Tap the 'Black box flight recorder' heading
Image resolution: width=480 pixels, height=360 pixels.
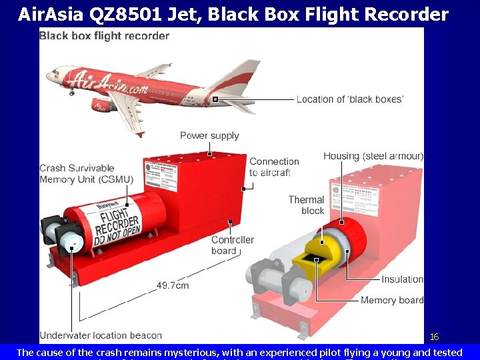point(104,35)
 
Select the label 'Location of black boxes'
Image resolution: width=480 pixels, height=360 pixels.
point(350,99)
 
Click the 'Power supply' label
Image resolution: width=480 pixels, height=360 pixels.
point(209,136)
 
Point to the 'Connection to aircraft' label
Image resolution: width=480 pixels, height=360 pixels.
point(273,167)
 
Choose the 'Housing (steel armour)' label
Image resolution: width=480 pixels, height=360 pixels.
point(373,156)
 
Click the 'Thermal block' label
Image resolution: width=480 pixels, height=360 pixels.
point(306,205)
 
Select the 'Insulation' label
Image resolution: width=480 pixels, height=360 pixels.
point(403,279)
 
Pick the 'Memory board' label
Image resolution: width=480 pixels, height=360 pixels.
point(392,300)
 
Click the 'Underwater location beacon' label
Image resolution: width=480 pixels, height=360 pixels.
point(101,335)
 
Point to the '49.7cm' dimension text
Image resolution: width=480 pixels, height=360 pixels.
point(173,285)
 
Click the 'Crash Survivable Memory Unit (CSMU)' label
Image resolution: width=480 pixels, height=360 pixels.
point(86,174)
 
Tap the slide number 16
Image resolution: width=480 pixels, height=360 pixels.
point(434,337)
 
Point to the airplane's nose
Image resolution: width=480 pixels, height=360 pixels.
point(49,73)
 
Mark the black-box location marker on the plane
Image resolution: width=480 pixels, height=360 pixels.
point(215,99)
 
